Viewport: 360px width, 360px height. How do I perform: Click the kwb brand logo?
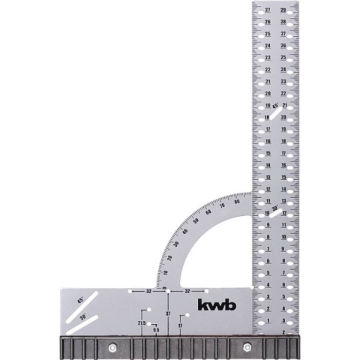click(216, 305)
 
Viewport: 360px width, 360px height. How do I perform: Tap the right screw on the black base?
click(247, 346)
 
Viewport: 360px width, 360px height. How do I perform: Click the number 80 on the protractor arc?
click(237, 202)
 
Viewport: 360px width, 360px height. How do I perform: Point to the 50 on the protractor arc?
click(196, 222)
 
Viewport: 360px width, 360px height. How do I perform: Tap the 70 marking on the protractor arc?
click(223, 206)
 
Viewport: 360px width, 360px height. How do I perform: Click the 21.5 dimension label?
click(141, 323)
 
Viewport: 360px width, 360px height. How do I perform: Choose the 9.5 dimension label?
click(156, 330)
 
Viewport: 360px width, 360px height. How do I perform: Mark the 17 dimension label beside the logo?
click(180, 325)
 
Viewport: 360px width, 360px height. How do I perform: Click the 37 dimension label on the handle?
click(168, 313)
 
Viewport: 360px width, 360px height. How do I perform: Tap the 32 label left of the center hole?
click(148, 290)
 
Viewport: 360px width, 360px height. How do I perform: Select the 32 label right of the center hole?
click(188, 290)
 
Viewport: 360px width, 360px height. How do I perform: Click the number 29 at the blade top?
click(283, 10)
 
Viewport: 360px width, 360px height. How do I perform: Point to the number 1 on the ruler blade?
click(268, 321)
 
